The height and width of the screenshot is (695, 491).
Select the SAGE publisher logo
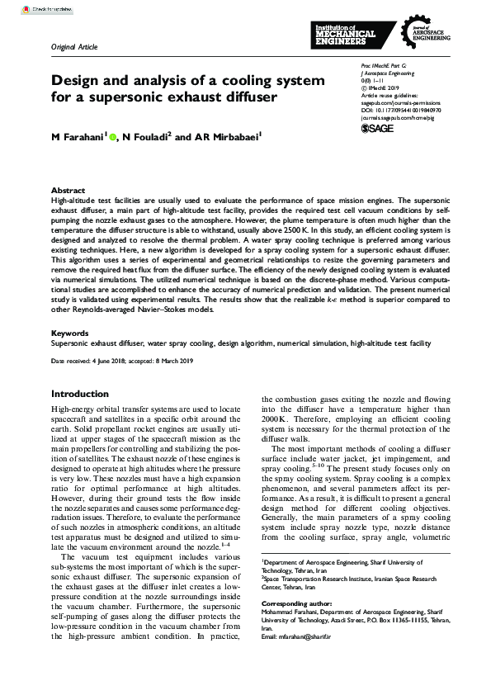coord(379,128)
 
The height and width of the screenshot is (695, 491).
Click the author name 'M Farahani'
coord(77,136)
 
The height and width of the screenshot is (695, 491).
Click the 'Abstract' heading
coord(68,190)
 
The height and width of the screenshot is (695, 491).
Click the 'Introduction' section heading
coord(80,395)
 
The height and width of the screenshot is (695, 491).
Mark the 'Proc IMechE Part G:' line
coord(385,64)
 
